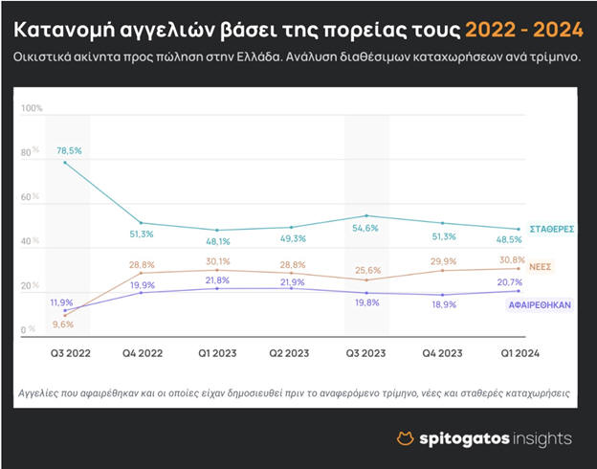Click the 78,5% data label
point(69,150)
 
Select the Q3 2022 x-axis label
point(70,353)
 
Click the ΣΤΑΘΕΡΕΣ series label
point(552,230)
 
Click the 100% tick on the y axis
point(33,108)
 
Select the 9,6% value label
point(63,324)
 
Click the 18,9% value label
point(442,303)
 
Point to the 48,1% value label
point(219,241)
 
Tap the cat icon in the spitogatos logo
point(406,438)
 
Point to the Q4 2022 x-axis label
point(144,353)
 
